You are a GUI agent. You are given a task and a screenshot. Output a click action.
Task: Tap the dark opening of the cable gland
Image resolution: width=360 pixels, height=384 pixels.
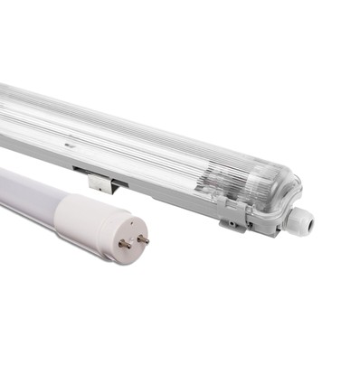click(307, 218)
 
